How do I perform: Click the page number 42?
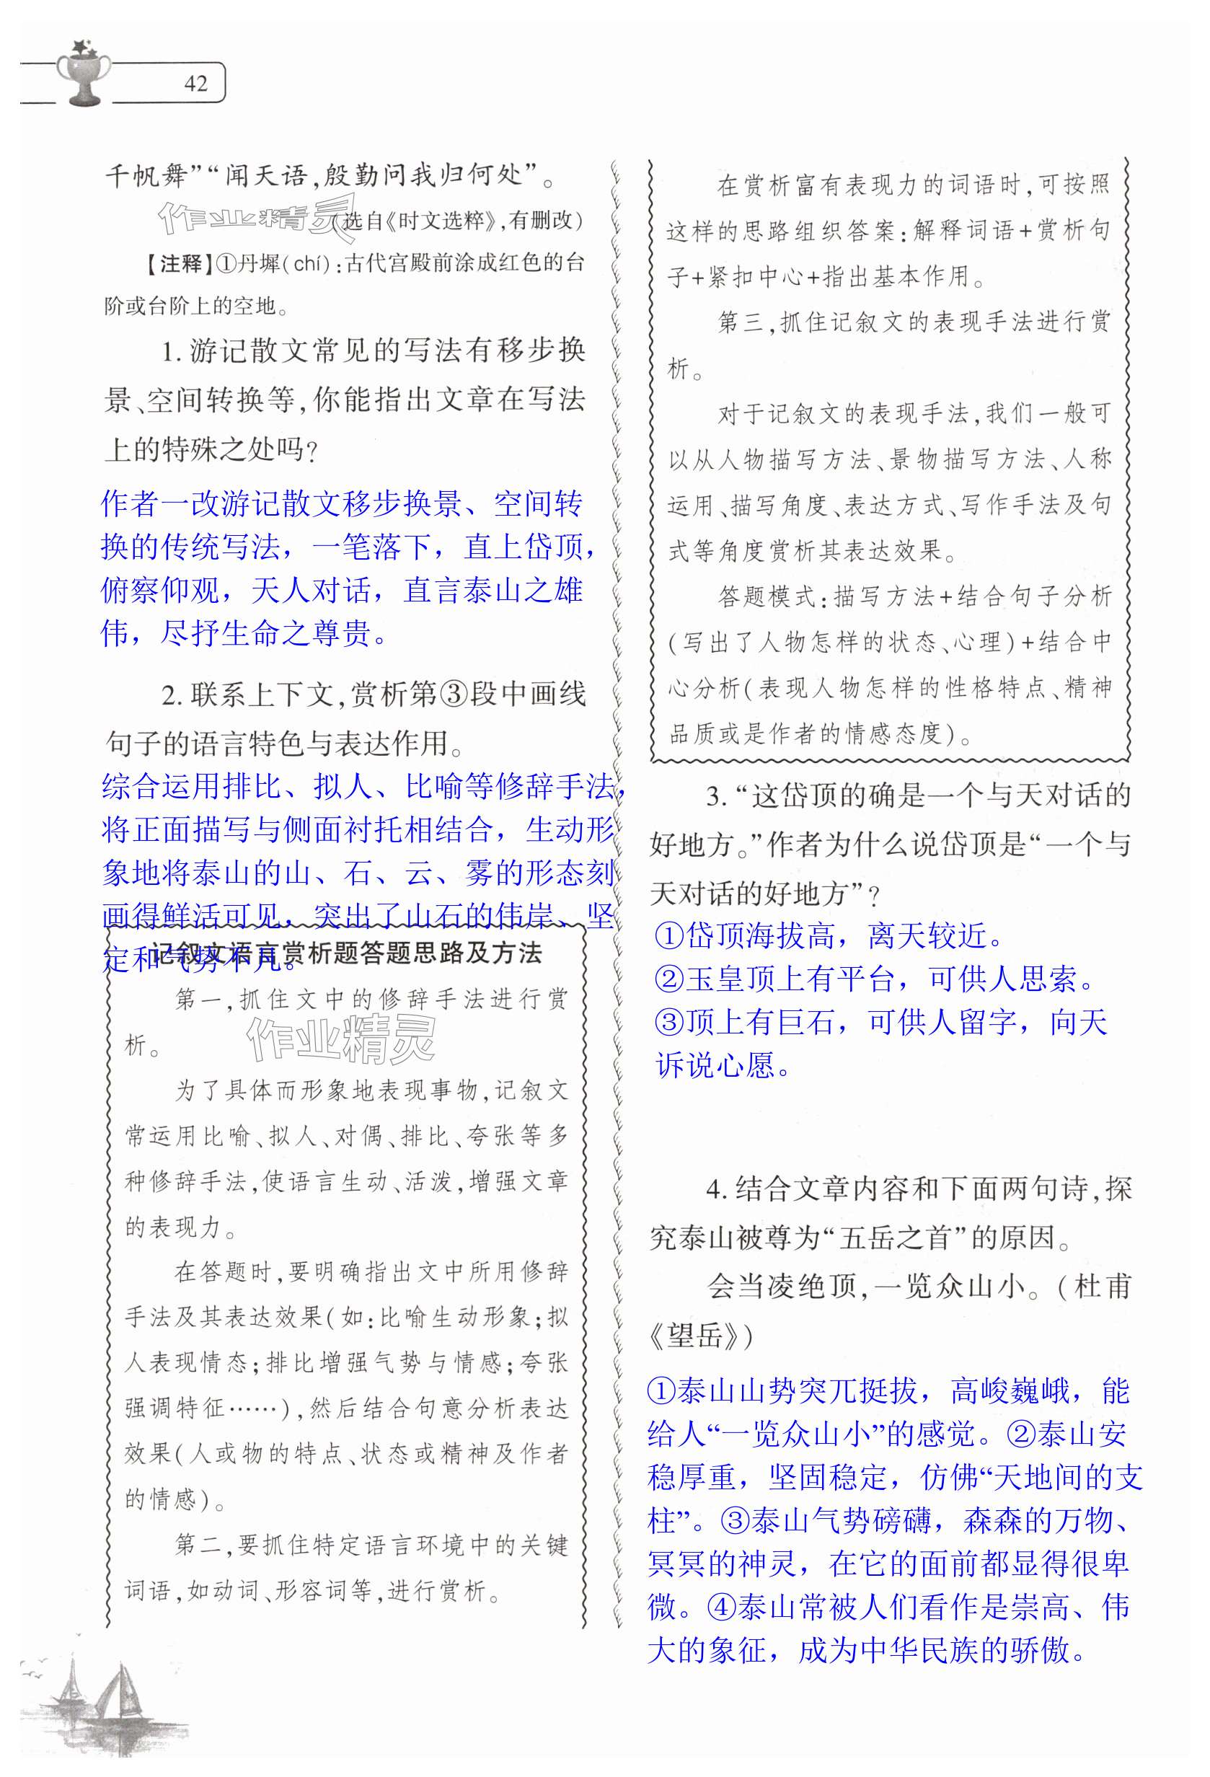click(195, 84)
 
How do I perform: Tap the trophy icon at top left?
click(84, 72)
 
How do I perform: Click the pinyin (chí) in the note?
click(310, 264)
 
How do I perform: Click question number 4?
click(715, 1189)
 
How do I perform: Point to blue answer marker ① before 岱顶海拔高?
click(669, 935)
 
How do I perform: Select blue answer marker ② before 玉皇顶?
click(669, 979)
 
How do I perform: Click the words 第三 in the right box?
click(741, 322)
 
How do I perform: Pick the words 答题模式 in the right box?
click(765, 597)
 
